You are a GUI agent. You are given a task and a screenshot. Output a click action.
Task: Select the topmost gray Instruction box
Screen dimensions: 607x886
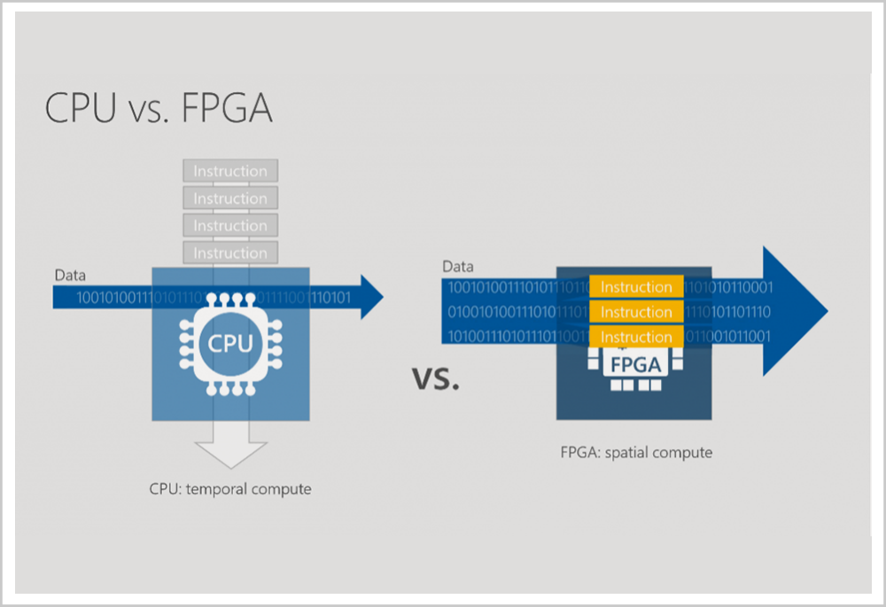click(x=230, y=171)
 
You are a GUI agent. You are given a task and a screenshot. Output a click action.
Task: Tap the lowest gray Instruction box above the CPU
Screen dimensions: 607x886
click(x=230, y=253)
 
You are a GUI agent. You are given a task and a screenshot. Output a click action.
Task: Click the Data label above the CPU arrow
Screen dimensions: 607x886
click(x=71, y=276)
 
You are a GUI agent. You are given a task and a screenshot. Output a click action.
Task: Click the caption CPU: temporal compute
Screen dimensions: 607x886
click(x=230, y=488)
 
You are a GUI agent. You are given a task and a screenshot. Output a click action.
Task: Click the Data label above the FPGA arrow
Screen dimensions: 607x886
click(x=458, y=266)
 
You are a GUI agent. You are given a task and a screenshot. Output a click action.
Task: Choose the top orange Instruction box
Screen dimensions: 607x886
click(x=636, y=287)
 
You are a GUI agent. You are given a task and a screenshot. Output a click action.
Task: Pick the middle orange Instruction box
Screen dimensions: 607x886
click(x=636, y=312)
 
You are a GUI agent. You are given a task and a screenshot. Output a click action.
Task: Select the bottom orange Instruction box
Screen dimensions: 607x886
click(x=636, y=337)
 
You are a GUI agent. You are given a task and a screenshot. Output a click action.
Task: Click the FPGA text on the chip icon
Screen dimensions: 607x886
click(x=635, y=363)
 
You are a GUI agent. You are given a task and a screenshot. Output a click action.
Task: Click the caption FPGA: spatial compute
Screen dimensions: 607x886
click(x=636, y=453)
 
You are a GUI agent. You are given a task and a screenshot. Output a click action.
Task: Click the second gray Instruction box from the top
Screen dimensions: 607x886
click(x=230, y=198)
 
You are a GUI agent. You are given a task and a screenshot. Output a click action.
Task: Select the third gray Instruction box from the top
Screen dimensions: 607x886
click(x=230, y=226)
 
